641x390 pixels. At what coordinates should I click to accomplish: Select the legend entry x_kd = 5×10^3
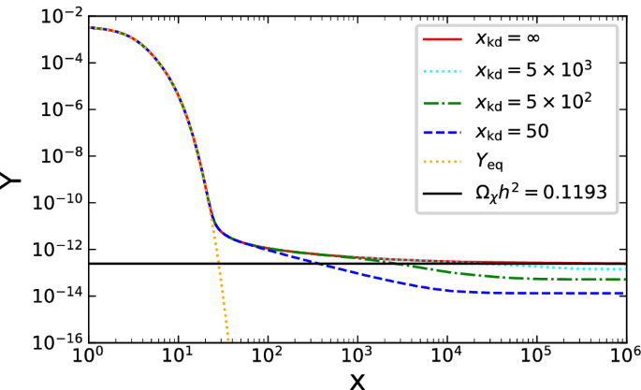pos(532,71)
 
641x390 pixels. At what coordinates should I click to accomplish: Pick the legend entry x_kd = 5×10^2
pos(532,101)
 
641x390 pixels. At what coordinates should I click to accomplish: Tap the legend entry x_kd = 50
pos(513,132)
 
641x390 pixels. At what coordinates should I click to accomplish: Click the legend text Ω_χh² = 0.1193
pos(540,192)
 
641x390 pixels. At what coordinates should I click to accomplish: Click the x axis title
pos(357,381)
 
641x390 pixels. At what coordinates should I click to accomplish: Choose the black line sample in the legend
pos(443,192)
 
